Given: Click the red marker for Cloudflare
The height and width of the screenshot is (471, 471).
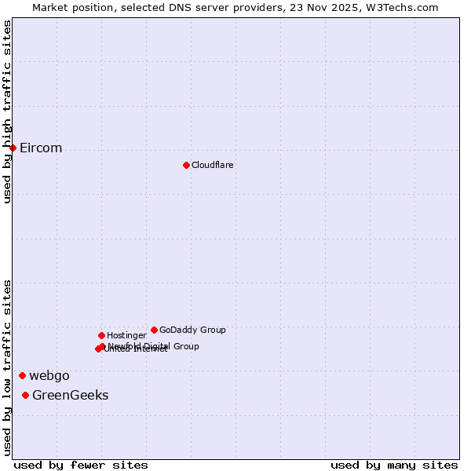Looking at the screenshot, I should (186, 165).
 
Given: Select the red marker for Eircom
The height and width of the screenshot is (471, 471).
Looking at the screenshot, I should (13, 148).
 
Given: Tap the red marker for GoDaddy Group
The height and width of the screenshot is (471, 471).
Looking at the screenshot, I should (154, 330).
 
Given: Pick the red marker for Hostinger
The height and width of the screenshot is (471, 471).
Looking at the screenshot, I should (101, 335).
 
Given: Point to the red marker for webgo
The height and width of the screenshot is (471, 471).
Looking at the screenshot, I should (22, 375).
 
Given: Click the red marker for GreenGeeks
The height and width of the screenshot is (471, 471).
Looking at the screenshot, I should (25, 395).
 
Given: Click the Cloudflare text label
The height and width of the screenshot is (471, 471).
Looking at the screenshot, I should (212, 165).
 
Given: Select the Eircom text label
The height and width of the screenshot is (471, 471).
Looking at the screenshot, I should (41, 148).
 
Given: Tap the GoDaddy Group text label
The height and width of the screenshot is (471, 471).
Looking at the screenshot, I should (192, 330).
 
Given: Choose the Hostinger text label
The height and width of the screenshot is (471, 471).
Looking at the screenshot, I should (126, 335).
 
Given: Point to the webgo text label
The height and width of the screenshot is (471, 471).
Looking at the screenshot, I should (49, 375).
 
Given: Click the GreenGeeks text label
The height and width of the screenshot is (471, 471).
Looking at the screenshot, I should (70, 395).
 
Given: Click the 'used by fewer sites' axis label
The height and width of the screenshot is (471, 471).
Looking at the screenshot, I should (81, 465).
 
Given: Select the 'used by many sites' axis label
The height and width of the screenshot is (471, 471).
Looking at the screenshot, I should (394, 465).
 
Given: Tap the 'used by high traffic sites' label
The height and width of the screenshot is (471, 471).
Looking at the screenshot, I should (7, 111).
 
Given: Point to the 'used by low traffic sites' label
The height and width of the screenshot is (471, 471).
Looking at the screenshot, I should (7, 367).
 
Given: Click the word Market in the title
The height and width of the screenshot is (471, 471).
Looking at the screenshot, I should (51, 7).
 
